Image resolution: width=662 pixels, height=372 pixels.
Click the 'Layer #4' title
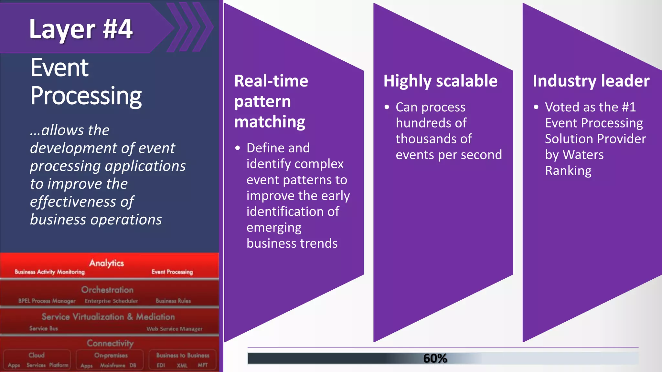click(x=81, y=29)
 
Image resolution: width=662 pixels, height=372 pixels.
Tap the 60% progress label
click(x=435, y=358)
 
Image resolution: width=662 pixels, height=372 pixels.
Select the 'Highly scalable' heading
click(x=440, y=81)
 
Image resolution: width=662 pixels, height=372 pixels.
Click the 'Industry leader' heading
click(x=591, y=81)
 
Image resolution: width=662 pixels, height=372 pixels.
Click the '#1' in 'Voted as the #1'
click(x=629, y=107)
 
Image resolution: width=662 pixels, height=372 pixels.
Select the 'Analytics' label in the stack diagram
click(x=106, y=263)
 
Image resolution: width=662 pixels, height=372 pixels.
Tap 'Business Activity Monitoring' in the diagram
click(x=50, y=272)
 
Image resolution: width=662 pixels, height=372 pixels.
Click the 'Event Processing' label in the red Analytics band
click(x=172, y=272)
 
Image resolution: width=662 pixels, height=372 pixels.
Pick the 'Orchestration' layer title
click(x=107, y=290)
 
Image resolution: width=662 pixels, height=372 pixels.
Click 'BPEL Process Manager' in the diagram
click(x=47, y=301)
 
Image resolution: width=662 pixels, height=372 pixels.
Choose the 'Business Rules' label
click(x=173, y=301)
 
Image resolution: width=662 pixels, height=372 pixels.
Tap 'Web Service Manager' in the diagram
click(x=175, y=329)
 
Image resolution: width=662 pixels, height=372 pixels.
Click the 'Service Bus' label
click(x=44, y=328)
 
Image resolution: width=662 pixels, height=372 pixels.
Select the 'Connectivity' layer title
click(x=110, y=343)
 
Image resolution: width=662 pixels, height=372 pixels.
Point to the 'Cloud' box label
click(x=37, y=355)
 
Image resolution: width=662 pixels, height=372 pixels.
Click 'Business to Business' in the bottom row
click(x=183, y=355)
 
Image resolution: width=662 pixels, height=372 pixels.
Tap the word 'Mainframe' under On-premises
click(x=112, y=366)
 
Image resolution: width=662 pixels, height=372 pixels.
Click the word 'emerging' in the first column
click(x=274, y=228)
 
